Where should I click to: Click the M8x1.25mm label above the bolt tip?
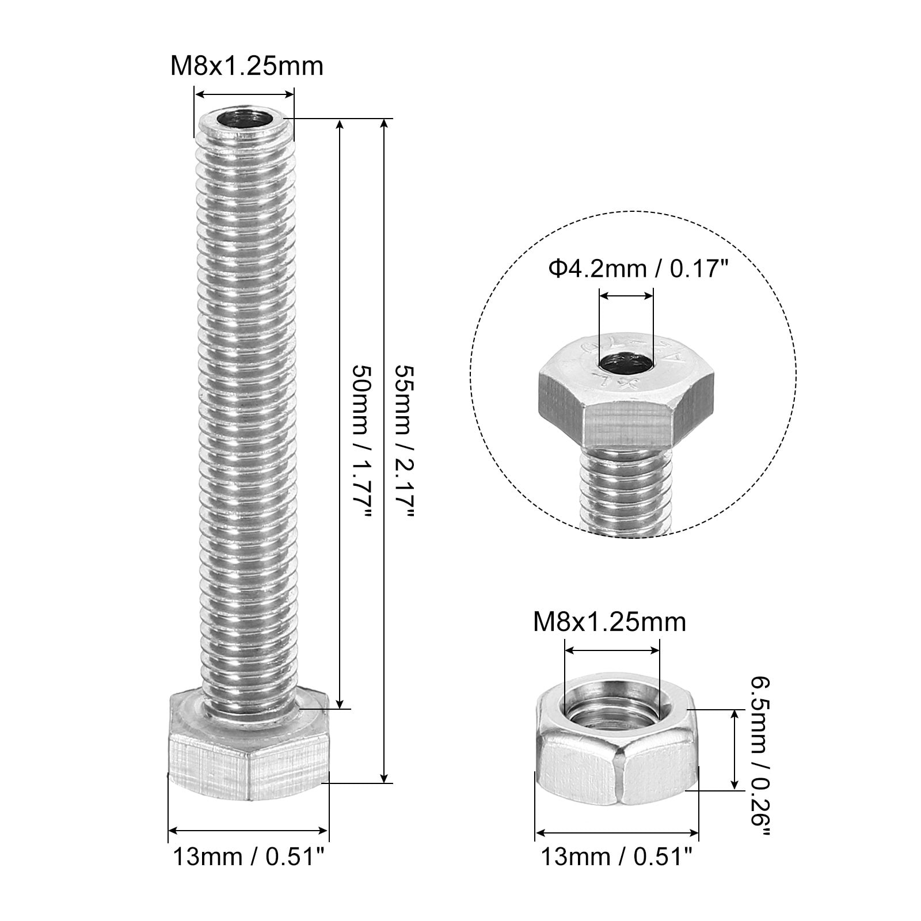coord(247,66)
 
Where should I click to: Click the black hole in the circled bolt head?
coord(626,364)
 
